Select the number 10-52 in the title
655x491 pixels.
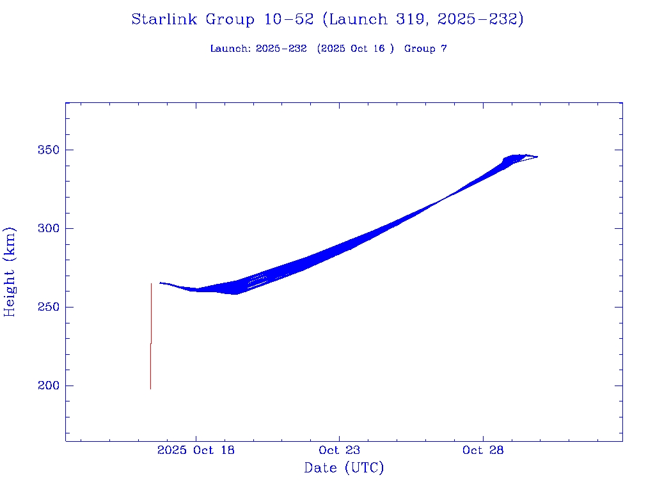tap(288, 20)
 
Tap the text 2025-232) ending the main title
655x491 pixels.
tap(480, 20)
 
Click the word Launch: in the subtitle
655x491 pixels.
tap(230, 49)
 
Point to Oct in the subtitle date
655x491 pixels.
tap(359, 49)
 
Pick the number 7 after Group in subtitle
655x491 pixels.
tap(443, 49)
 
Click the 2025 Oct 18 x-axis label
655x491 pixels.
tap(196, 450)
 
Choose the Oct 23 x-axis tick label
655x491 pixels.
tap(339, 450)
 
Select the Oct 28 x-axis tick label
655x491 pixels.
tap(482, 450)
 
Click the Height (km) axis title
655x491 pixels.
tap(10, 272)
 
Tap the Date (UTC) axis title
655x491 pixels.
tap(344, 468)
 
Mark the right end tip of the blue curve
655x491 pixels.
tap(537, 157)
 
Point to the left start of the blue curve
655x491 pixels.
tap(161, 283)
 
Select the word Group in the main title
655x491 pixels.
tap(232, 20)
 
